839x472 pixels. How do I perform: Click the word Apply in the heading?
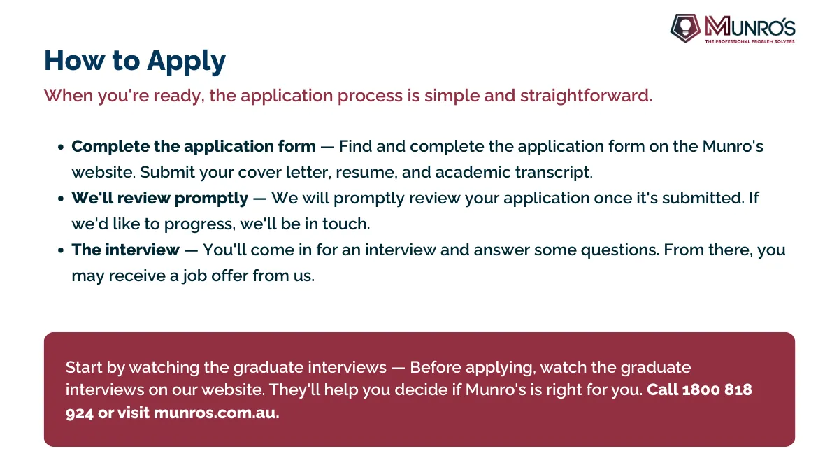186,61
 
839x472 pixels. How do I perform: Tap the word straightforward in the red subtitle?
586,96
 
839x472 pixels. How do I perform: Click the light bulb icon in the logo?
685,27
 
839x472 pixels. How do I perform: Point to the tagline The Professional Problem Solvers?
750,41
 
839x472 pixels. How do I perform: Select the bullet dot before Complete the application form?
61,147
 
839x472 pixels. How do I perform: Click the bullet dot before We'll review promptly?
61,199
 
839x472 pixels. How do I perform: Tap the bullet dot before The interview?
61,250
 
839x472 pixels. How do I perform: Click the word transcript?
554,172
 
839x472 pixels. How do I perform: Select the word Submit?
167,172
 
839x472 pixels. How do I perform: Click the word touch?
346,224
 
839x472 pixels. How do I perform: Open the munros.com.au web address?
217,413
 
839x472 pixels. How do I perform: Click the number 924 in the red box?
80,413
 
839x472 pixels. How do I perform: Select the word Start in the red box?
84,368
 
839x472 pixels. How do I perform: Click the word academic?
473,172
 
